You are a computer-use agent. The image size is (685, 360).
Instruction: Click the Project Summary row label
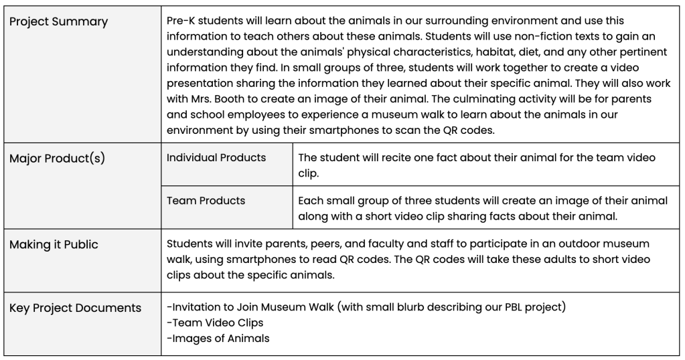(x=58, y=22)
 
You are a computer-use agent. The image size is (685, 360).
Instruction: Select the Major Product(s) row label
(x=57, y=160)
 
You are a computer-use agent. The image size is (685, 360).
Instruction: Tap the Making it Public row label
(x=54, y=245)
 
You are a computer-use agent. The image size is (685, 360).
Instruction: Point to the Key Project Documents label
(x=75, y=308)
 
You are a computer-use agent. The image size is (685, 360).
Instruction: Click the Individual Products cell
(x=216, y=158)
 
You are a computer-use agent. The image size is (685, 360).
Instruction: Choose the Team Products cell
(x=206, y=201)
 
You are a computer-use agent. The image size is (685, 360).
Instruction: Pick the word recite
(x=384, y=158)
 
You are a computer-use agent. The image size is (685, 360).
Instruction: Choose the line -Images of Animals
(x=218, y=339)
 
